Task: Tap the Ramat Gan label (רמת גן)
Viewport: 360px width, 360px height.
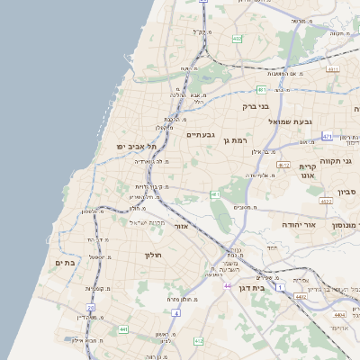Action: click(238, 140)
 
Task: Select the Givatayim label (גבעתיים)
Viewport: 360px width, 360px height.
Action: click(201, 135)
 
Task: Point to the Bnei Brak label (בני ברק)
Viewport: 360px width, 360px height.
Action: click(256, 106)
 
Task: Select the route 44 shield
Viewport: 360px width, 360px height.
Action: click(227, 284)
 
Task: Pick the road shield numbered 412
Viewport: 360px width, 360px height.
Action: click(198, 341)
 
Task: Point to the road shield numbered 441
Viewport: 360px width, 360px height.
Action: click(122, 329)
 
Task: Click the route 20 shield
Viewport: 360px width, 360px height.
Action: click(90, 308)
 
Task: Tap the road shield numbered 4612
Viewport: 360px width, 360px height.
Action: click(283, 166)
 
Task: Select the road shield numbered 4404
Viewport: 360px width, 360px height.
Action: click(339, 315)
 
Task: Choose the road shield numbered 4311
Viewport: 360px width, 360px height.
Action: click(333, 68)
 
